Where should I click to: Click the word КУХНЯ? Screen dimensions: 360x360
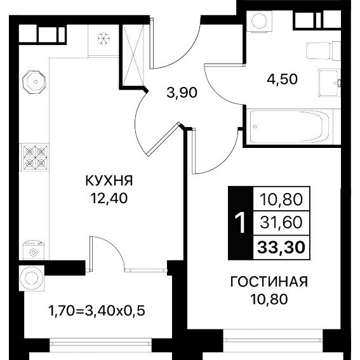[109, 181]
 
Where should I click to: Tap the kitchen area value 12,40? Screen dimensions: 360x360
[109, 198]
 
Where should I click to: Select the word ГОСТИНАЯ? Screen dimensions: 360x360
[269, 282]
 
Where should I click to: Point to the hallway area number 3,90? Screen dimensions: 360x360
[182, 93]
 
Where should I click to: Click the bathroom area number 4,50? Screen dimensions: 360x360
[282, 79]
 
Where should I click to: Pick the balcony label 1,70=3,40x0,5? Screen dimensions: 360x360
[97, 311]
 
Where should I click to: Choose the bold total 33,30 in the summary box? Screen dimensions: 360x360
[281, 248]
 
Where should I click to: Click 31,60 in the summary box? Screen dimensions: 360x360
[281, 222]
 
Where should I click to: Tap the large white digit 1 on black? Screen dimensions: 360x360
[241, 223]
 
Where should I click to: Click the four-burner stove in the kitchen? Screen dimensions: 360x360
[36, 157]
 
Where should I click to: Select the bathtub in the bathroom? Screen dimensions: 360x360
[290, 127]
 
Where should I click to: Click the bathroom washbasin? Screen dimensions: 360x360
[330, 83]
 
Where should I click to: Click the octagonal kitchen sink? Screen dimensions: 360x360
[34, 82]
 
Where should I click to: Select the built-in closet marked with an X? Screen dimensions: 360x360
[133, 55]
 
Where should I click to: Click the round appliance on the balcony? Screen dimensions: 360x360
[32, 278]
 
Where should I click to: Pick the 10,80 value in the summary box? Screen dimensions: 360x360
[281, 199]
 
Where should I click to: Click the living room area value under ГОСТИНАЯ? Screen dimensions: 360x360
[269, 299]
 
